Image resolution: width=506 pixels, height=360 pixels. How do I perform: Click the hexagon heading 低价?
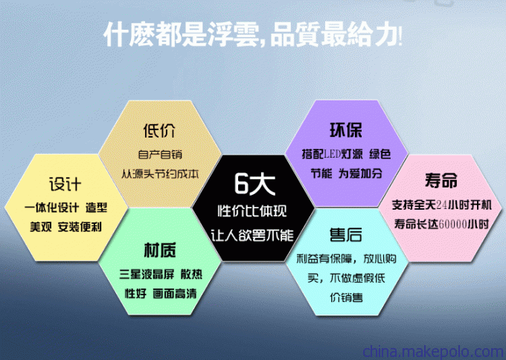[x=160, y=131]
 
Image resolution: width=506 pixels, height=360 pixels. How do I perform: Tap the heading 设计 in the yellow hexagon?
[x=65, y=184]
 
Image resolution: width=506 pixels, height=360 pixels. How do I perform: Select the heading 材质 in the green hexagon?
[x=160, y=251]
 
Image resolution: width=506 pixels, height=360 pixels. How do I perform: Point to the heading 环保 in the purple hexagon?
[x=345, y=130]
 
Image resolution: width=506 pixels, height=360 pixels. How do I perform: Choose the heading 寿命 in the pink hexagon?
[x=441, y=180]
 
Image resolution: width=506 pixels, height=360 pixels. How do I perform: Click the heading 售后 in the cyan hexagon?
[x=345, y=234]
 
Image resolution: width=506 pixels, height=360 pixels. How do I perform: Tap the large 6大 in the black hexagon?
[x=254, y=184]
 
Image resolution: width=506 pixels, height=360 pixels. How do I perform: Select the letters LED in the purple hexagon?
[x=333, y=154]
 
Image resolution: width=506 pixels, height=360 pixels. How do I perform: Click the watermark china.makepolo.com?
[x=433, y=352]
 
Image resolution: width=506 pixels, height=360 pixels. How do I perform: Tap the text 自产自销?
[x=160, y=154]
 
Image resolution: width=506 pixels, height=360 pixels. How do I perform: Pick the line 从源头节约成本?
[x=160, y=174]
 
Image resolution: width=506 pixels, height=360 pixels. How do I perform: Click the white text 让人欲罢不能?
[x=252, y=235]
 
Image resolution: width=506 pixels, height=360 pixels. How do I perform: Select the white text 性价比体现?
[x=252, y=211]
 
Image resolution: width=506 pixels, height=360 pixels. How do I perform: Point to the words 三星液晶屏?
[x=147, y=274]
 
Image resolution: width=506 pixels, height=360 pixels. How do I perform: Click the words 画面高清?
[x=175, y=294]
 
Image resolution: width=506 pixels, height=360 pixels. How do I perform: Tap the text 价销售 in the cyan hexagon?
[x=346, y=297]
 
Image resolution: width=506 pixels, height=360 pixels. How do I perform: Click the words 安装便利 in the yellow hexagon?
[x=80, y=227]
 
